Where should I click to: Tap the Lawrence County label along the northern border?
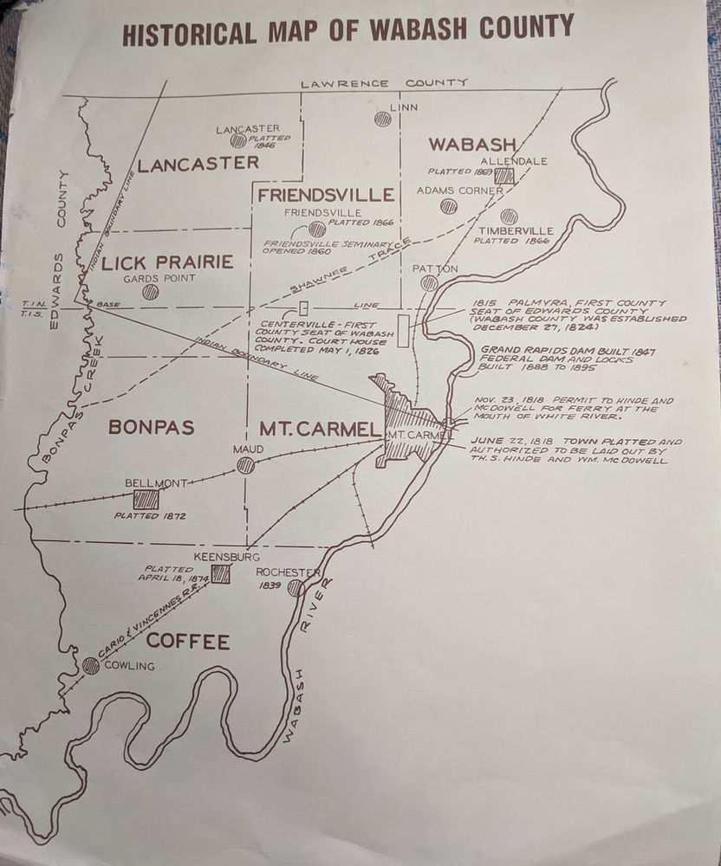click(x=384, y=82)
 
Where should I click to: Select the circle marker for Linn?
click(x=382, y=120)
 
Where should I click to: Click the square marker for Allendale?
click(x=504, y=175)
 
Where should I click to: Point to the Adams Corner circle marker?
click(x=448, y=206)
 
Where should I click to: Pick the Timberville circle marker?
click(x=509, y=216)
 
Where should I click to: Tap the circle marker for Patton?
click(x=429, y=283)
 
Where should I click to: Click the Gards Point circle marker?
click(x=151, y=293)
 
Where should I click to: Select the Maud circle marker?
click(x=246, y=466)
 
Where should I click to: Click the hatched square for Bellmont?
click(x=146, y=500)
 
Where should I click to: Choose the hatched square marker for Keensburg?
click(x=221, y=574)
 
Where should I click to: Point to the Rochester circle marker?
click(x=296, y=588)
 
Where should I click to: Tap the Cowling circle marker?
click(x=91, y=666)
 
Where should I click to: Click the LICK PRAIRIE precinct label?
click(x=167, y=262)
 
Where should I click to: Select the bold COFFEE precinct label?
click(x=188, y=642)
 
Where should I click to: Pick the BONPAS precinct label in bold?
click(x=152, y=427)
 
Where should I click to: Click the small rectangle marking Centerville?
click(x=303, y=308)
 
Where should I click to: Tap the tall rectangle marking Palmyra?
click(x=403, y=332)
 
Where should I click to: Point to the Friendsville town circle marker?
click(x=317, y=229)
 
